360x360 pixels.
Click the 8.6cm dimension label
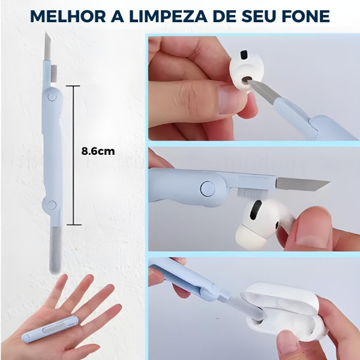98,151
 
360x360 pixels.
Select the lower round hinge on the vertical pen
52,205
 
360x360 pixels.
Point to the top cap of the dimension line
73,86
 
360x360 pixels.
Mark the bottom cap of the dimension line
73,225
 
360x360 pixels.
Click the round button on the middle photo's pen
207,188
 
